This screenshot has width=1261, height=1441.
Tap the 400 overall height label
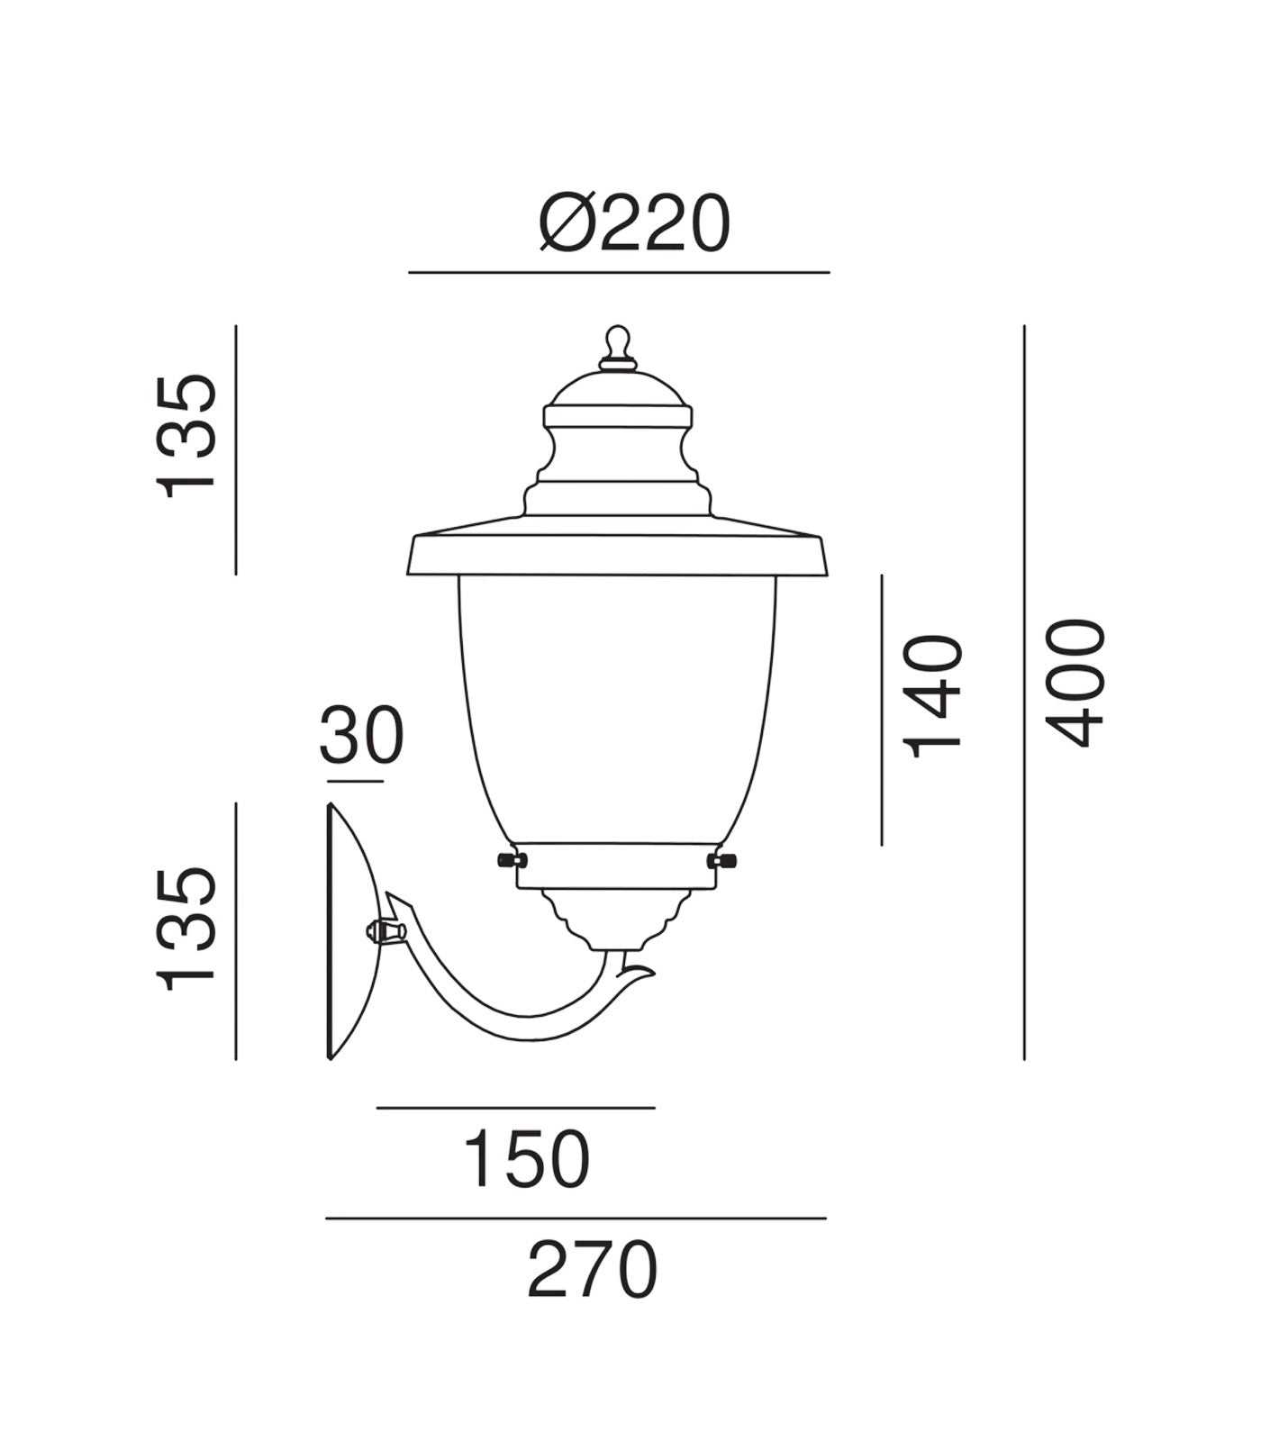click(1075, 682)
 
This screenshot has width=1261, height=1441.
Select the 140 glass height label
click(933, 696)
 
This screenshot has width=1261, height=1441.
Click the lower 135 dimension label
click(187, 930)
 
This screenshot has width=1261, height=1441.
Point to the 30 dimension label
click(361, 736)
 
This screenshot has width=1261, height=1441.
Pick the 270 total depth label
click(592, 1270)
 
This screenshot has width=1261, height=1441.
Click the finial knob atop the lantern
click(617, 343)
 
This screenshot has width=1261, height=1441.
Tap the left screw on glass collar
click(511, 860)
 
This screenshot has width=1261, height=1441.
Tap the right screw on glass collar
click(723, 862)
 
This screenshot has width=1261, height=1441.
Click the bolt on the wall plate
click(382, 930)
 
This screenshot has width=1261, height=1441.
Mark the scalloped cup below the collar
click(617, 919)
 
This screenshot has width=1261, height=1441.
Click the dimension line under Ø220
click(618, 272)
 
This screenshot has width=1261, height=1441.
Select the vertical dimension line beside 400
click(1024, 693)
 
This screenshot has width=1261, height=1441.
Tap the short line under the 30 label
click(355, 781)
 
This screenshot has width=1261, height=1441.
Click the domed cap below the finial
click(617, 389)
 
